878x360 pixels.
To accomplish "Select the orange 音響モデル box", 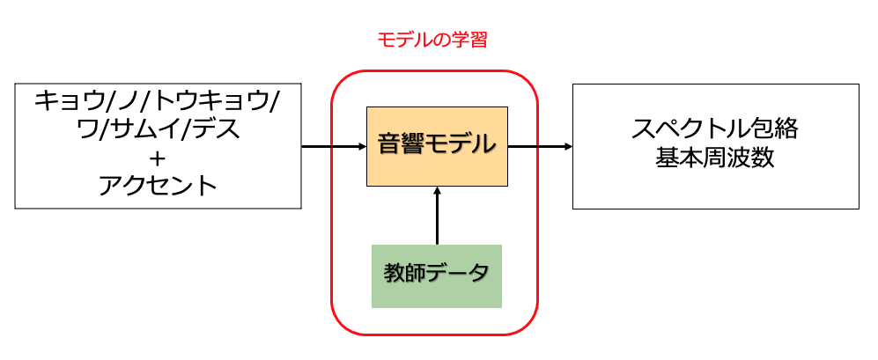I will (437, 146).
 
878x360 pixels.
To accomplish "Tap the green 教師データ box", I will (436, 276).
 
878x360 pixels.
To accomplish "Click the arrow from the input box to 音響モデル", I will (334, 146).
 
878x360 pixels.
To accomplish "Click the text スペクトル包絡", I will (714, 129).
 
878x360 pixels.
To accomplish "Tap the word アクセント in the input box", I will (158, 186).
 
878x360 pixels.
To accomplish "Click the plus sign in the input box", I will (158, 159).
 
